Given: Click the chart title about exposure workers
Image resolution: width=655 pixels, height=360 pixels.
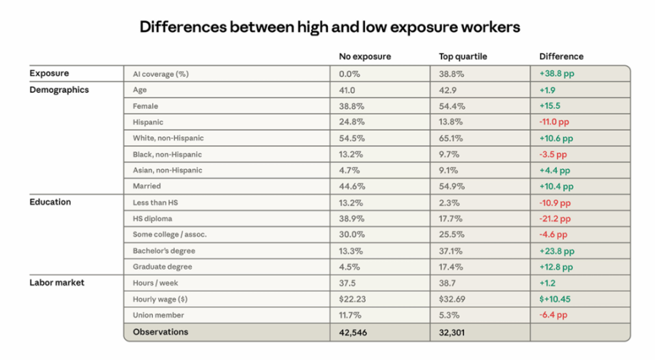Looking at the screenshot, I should point(330,27).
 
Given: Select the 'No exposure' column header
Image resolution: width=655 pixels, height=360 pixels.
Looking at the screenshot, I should point(365,57).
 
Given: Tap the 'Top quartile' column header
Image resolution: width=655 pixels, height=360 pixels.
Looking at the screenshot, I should point(463,57).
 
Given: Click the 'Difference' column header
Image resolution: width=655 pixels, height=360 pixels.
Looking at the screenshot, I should point(562,57).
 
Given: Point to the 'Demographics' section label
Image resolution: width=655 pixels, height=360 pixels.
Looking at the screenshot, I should point(59,90).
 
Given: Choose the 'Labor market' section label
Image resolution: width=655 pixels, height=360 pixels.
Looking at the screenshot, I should point(57,283).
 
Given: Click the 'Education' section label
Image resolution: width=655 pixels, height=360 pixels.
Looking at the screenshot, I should point(50,202).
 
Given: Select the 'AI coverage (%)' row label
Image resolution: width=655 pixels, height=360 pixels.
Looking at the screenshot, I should point(160,74).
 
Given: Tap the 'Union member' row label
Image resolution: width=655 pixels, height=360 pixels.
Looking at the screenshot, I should point(158,316).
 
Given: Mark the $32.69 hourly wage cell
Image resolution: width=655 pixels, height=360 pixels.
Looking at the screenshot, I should point(454,299).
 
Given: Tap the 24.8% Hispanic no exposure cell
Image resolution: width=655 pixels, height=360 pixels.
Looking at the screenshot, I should point(352,122).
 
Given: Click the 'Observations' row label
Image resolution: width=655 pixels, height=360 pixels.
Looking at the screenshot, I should point(160,332).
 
